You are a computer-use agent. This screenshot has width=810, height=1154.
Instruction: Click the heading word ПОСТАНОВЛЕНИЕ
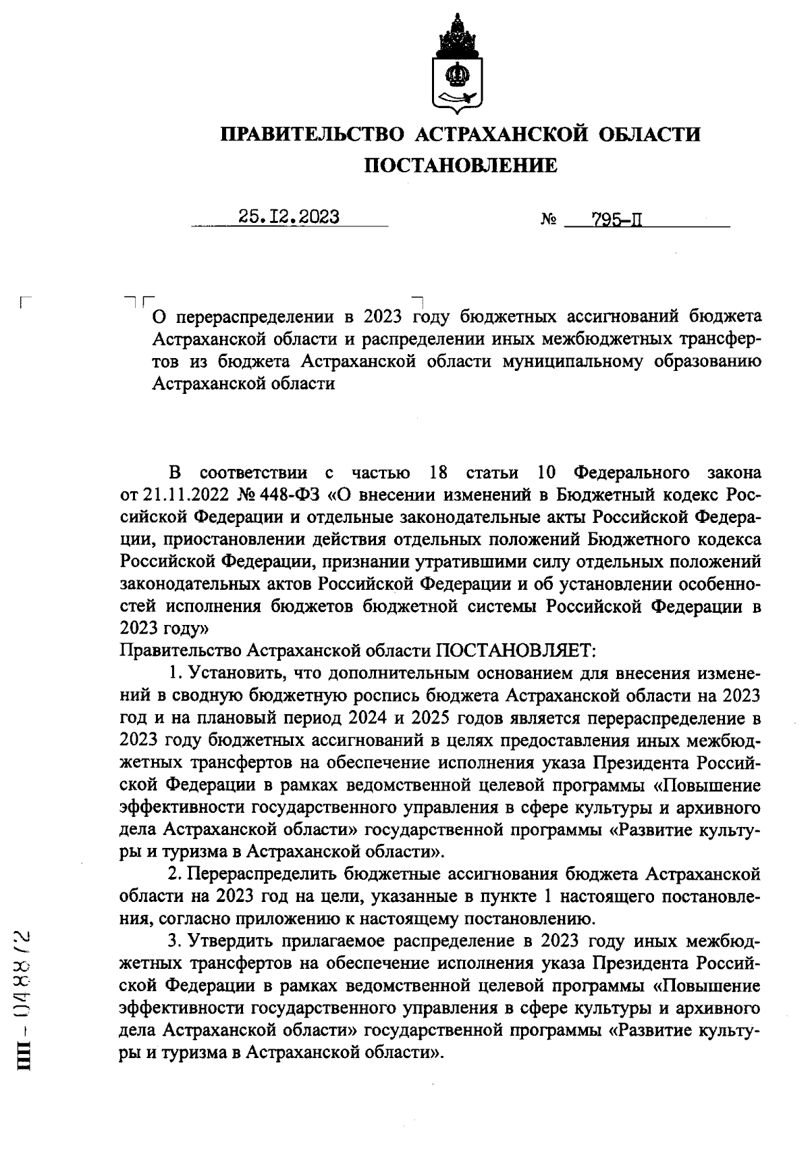(461, 165)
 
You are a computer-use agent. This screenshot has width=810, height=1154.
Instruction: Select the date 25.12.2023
(288, 217)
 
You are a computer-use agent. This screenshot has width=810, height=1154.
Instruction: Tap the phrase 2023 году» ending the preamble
(164, 628)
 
